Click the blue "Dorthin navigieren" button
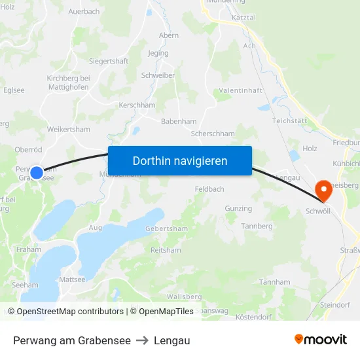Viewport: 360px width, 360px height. [180, 160]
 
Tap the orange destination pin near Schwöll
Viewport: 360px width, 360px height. [323, 190]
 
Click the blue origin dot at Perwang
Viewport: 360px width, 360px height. [37, 173]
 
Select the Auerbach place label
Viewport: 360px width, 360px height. [84, 12]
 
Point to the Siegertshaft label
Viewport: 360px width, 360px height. [109, 62]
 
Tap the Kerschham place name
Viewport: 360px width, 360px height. [137, 105]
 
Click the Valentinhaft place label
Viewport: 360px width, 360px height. [240, 90]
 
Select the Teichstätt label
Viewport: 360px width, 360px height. [290, 121]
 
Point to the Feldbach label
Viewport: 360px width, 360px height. [209, 189]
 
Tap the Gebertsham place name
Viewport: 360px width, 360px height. [166, 228]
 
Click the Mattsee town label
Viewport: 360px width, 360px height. [72, 279]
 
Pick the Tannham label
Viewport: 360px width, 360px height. [274, 282]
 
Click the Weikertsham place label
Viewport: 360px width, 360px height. [69, 130]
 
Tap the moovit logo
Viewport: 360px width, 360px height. [321, 340]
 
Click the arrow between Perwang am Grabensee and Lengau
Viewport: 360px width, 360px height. [142, 340]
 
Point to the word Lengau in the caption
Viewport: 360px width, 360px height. [172, 340]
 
